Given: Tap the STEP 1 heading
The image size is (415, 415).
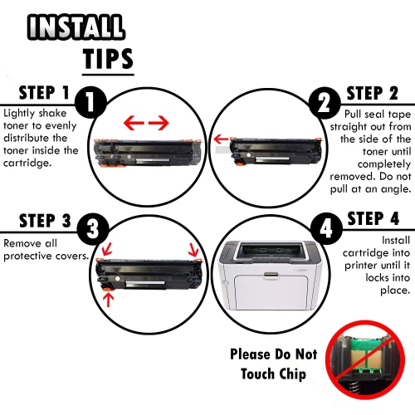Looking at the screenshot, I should click(37, 94).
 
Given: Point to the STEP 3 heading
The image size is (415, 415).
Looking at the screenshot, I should click(37, 222).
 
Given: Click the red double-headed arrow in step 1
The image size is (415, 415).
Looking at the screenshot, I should click(146, 123).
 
